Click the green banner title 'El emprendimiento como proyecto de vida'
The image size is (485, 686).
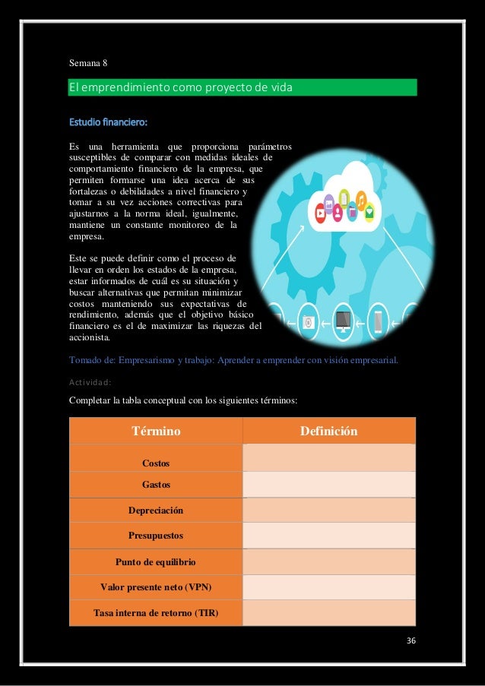pyautogui.click(x=180, y=88)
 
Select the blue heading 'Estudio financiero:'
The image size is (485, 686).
pyautogui.click(x=109, y=121)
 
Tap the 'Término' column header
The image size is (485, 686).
pyautogui.click(x=156, y=432)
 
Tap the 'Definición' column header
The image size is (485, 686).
pyautogui.click(x=328, y=432)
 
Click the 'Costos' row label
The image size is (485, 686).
pyautogui.click(x=156, y=463)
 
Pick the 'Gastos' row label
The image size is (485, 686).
pyautogui.click(x=156, y=484)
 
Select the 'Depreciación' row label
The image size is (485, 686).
pyautogui.click(x=156, y=511)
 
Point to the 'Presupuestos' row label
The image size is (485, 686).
pyautogui.click(x=156, y=536)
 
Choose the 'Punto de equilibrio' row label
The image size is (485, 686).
pyautogui.click(x=156, y=562)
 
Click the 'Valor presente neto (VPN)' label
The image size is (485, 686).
pyautogui.click(x=156, y=587)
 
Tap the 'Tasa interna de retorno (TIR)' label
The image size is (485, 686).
pyautogui.click(x=156, y=613)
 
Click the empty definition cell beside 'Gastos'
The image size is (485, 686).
pyautogui.click(x=328, y=484)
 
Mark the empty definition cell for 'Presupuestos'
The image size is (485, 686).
pyautogui.click(x=328, y=536)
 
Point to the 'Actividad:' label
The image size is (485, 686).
pyautogui.click(x=90, y=382)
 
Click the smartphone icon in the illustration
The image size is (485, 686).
pyautogui.click(x=378, y=321)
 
